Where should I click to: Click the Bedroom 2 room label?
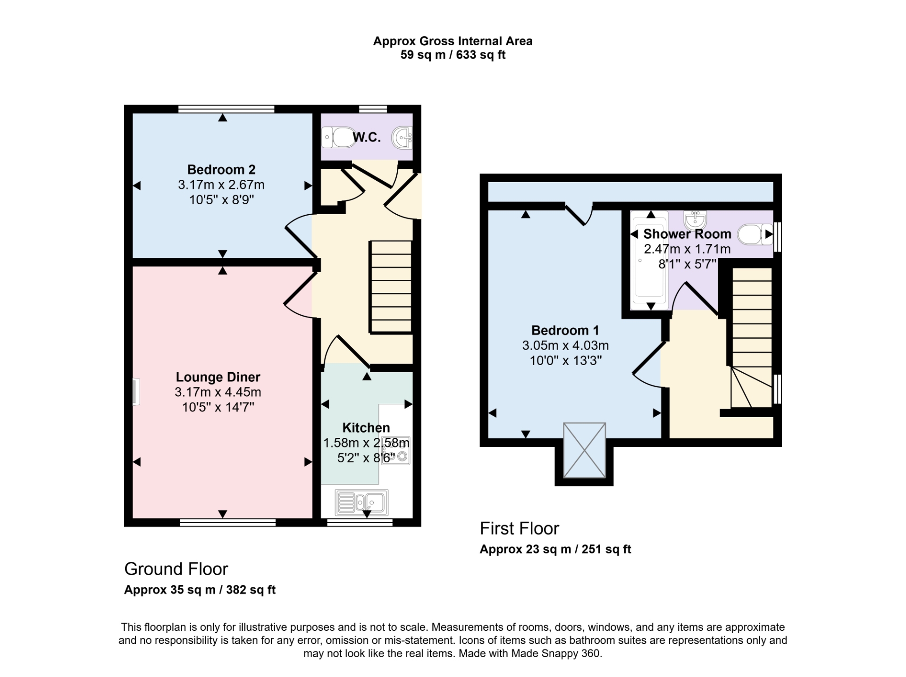(x=221, y=169)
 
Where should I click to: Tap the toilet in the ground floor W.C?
(x=339, y=137)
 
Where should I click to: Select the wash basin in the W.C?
(x=402, y=138)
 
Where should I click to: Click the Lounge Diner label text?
(x=218, y=377)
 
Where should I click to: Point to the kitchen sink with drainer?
(x=361, y=502)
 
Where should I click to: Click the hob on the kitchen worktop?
(x=396, y=451)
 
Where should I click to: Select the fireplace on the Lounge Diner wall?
(x=136, y=392)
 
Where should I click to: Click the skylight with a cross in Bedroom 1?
(x=584, y=451)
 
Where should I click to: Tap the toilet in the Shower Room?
(x=754, y=234)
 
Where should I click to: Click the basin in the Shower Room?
(x=695, y=219)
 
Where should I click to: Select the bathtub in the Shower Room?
(x=650, y=261)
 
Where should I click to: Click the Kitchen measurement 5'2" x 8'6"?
(x=366, y=458)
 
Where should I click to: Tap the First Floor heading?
(x=519, y=528)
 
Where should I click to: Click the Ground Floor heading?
(x=176, y=569)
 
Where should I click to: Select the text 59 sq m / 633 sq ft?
(x=453, y=55)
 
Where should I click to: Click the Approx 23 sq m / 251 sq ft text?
(x=555, y=549)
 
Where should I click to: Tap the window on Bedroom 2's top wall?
(x=226, y=109)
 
